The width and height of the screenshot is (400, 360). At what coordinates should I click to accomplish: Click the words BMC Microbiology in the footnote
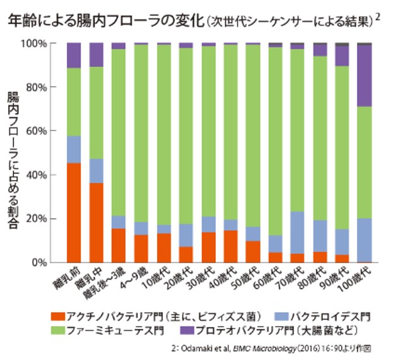pyautogui.click(x=262, y=348)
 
